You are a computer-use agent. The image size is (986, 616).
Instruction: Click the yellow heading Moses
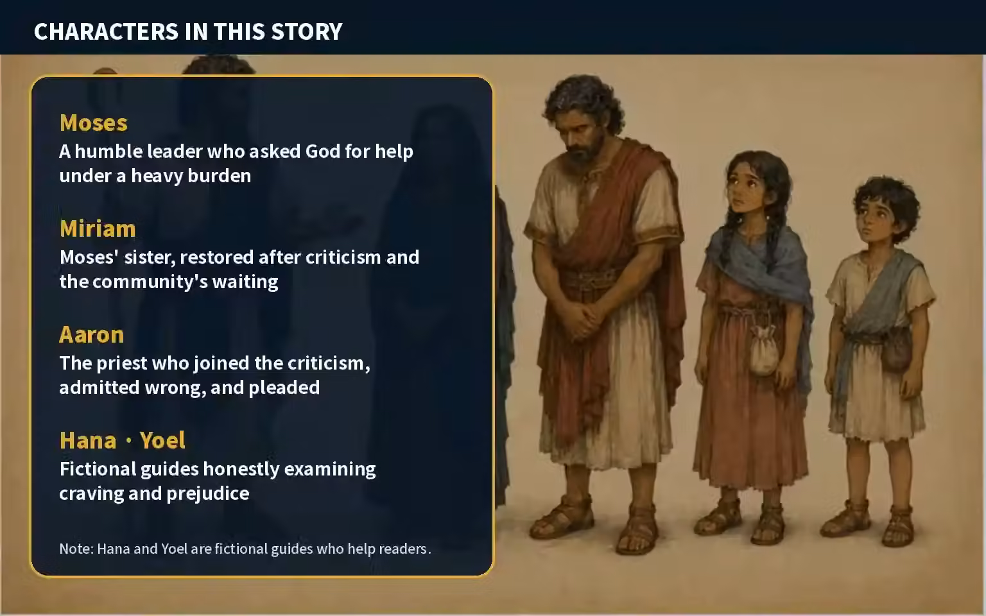tap(94, 123)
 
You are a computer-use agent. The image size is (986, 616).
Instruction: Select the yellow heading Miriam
tap(98, 229)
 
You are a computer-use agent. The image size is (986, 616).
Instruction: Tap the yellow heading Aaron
tap(92, 335)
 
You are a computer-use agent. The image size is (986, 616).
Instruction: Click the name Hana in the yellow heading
tap(88, 440)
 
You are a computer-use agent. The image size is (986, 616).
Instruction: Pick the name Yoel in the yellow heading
tap(162, 440)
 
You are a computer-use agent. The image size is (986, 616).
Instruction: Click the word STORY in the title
tap(307, 31)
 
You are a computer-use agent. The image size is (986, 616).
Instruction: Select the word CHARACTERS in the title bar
tap(106, 31)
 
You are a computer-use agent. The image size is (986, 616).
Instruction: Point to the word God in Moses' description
tap(323, 151)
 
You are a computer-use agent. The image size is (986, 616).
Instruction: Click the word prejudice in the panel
tap(208, 493)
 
